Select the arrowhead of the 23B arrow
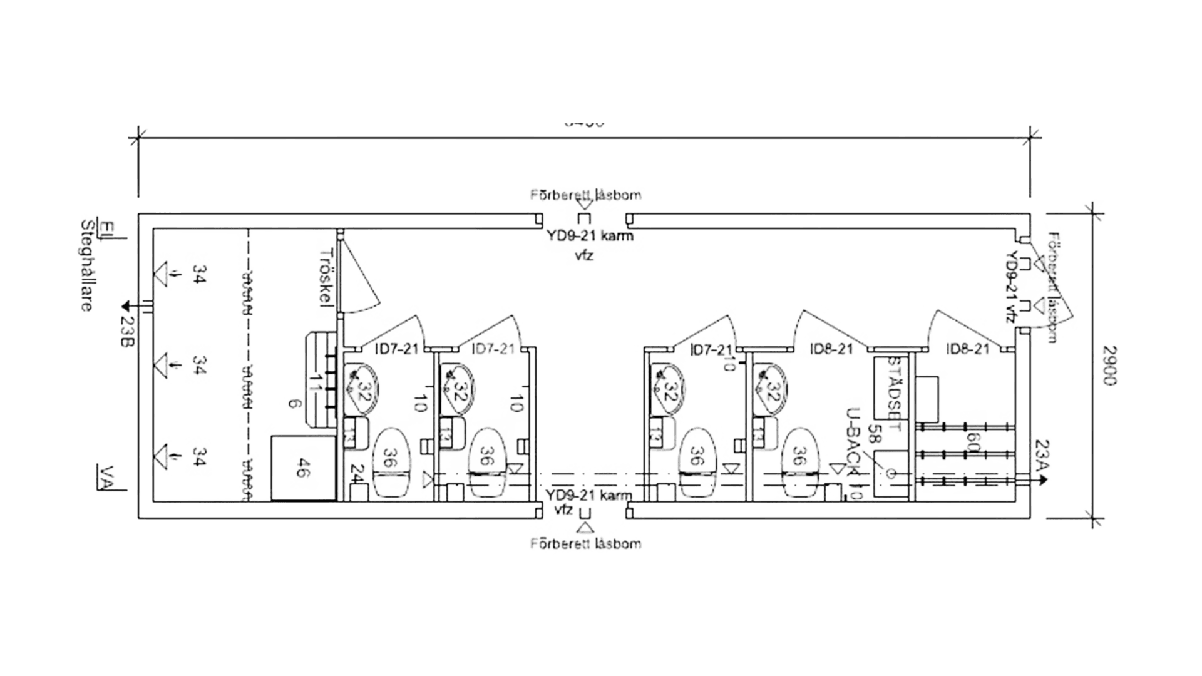coord(125,306)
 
